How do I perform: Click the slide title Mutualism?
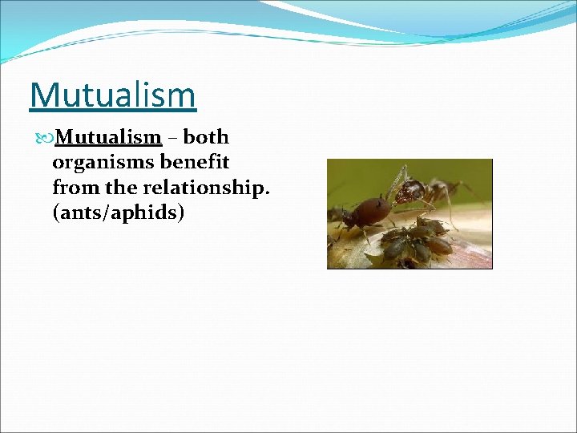point(112,95)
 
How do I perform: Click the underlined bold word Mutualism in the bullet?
point(109,137)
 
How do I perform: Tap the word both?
point(207,137)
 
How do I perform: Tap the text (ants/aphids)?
point(119,213)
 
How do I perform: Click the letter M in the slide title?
point(44,95)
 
